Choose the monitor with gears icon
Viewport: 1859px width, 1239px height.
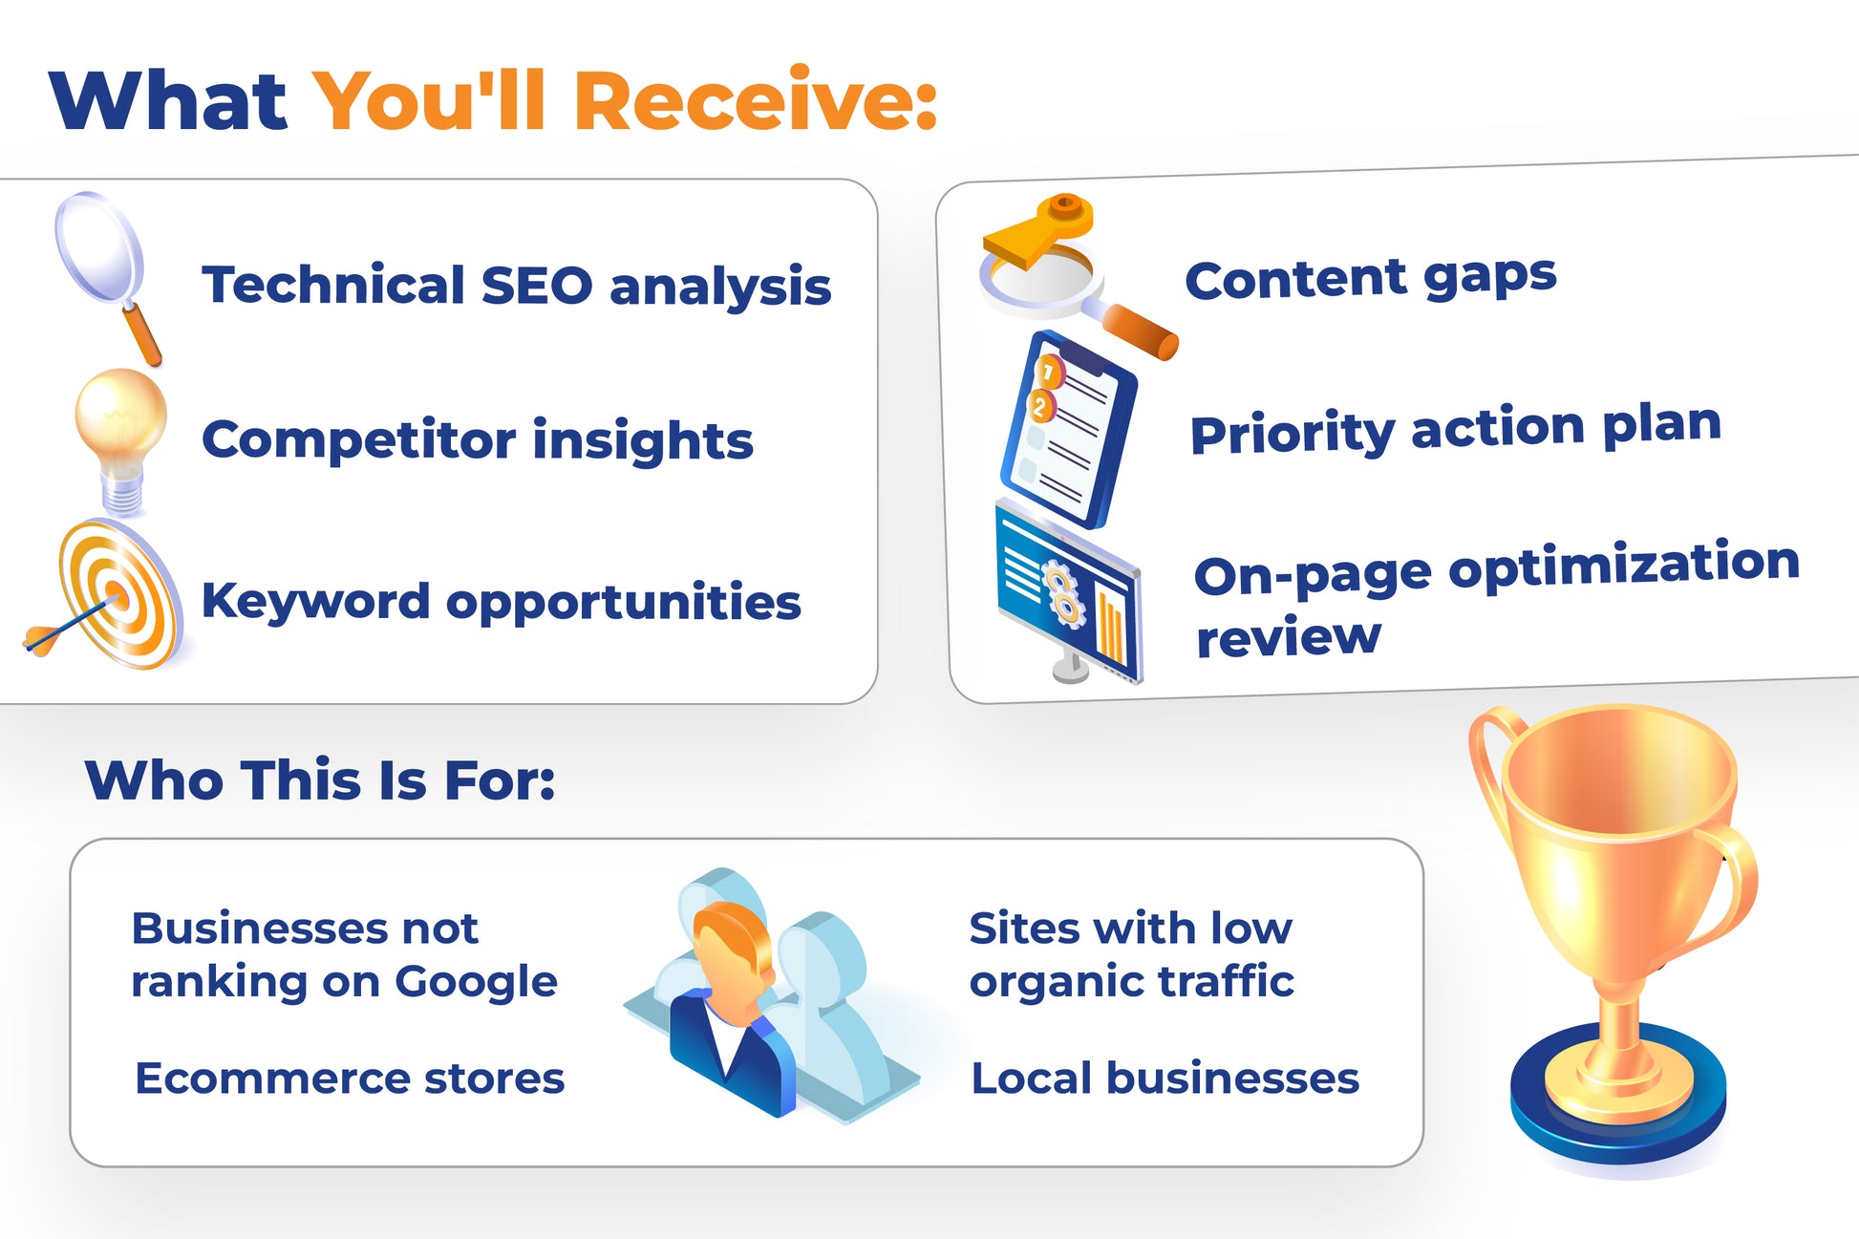pos(1068,592)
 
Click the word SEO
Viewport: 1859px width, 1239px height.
pos(537,286)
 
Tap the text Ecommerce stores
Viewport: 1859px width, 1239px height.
pos(350,1079)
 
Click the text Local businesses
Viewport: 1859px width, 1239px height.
pos(1165,1079)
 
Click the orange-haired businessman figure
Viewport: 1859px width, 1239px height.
pos(732,1008)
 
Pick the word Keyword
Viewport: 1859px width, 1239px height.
pos(315,601)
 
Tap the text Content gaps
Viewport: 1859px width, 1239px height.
pos(1371,278)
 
